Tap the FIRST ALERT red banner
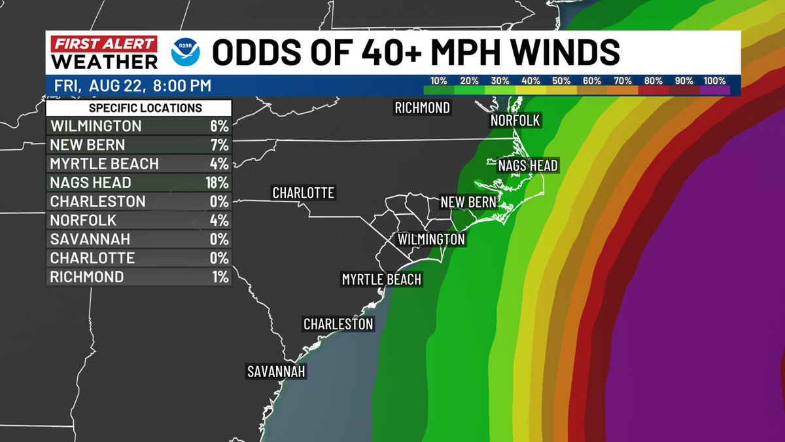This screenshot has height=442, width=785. click(103, 45)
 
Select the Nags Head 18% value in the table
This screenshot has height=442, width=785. click(217, 183)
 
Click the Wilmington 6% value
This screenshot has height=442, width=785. click(220, 126)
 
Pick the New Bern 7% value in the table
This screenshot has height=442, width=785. click(220, 145)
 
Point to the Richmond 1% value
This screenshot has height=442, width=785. click(220, 277)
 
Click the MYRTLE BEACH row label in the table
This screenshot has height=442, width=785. click(104, 164)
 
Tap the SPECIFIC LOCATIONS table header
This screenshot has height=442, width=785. click(139, 108)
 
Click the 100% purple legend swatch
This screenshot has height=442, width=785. click(714, 90)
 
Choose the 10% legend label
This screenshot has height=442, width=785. click(438, 81)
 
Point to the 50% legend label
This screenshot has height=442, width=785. click(561, 81)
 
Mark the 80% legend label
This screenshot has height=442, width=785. click(653, 81)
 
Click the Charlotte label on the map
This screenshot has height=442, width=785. click(303, 193)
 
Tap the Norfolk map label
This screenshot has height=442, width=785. click(515, 120)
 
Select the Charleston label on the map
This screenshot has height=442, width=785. click(338, 324)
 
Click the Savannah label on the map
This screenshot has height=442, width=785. click(276, 371)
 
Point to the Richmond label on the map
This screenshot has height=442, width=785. click(422, 108)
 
